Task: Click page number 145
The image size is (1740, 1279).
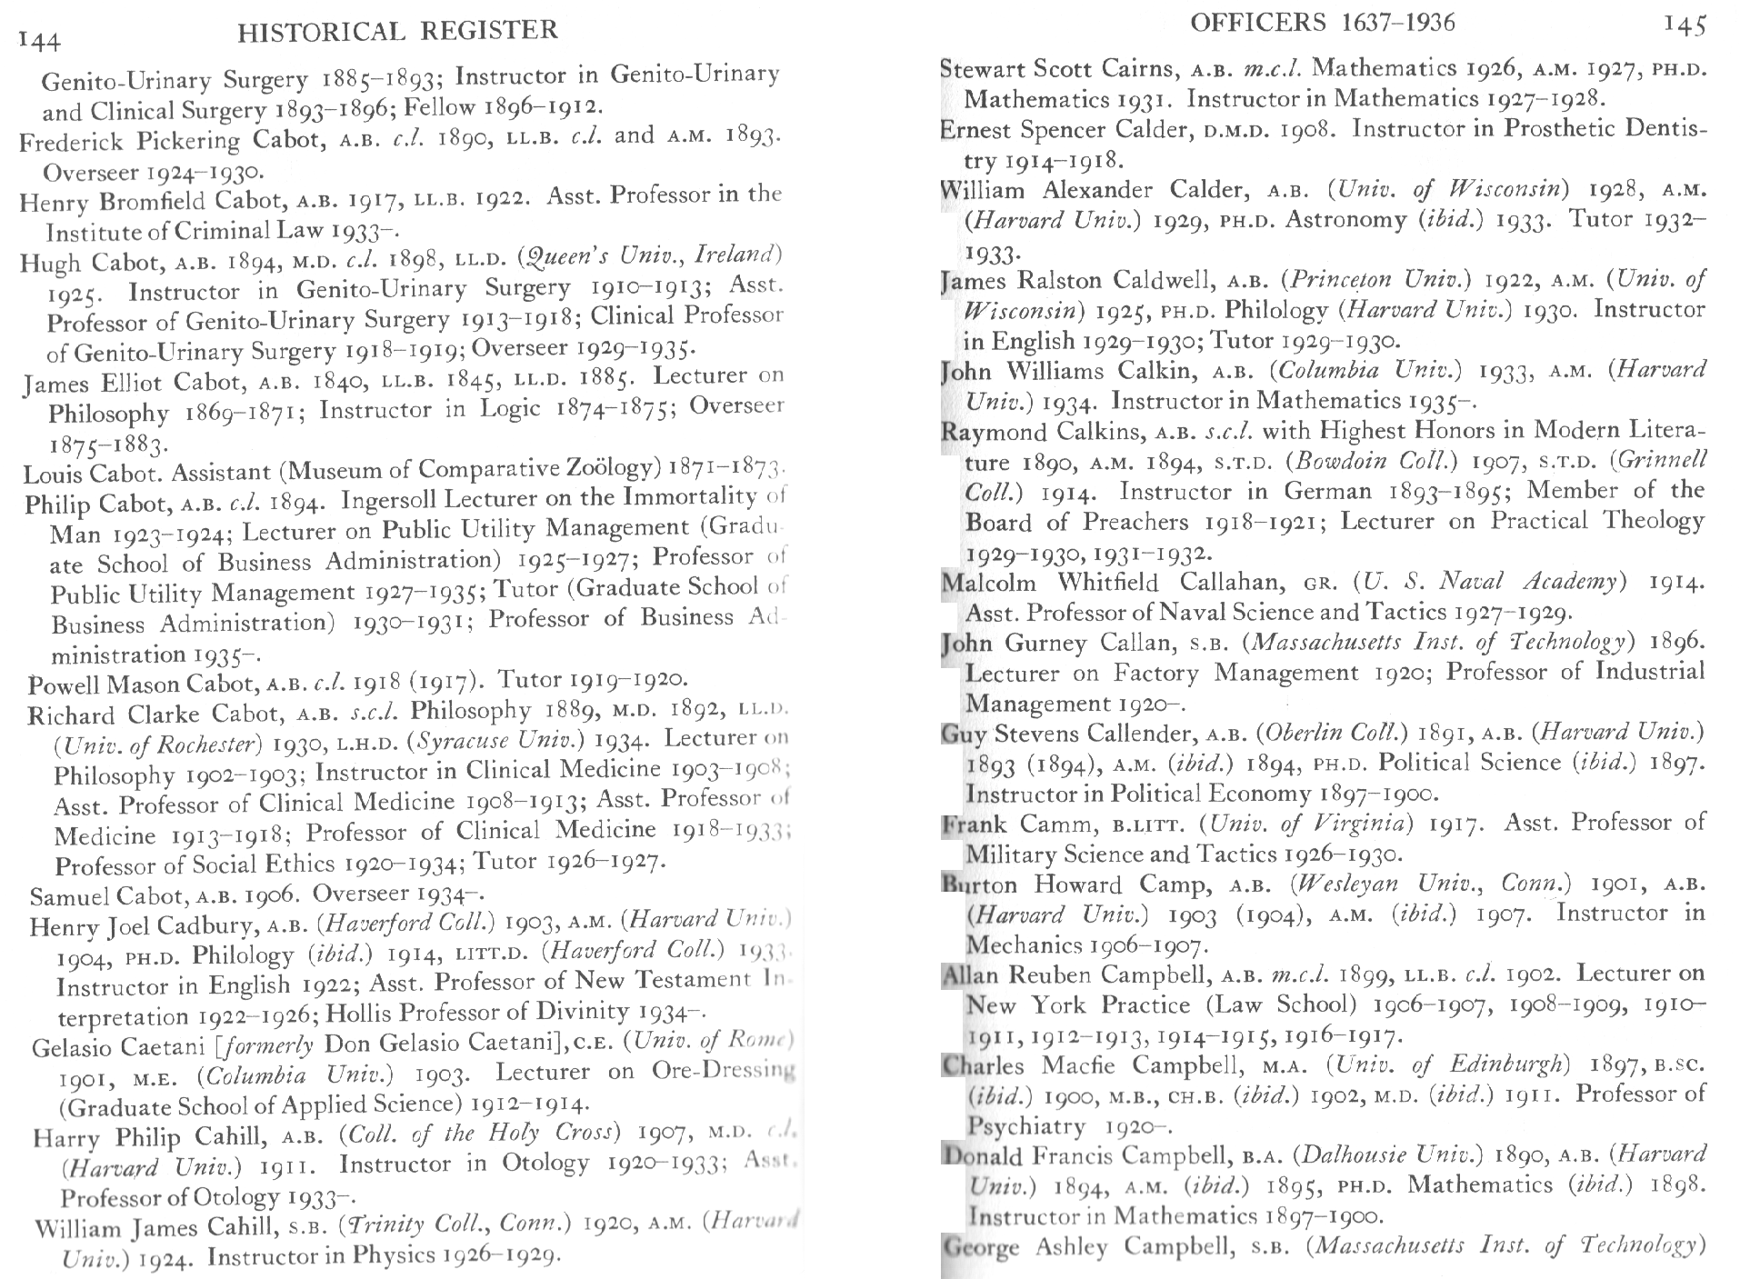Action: tap(1684, 25)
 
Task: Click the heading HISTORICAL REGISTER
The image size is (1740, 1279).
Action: tap(397, 32)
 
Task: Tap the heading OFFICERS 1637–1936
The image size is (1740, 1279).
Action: tap(1322, 23)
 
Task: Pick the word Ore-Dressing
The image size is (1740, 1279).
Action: tap(723, 1071)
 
